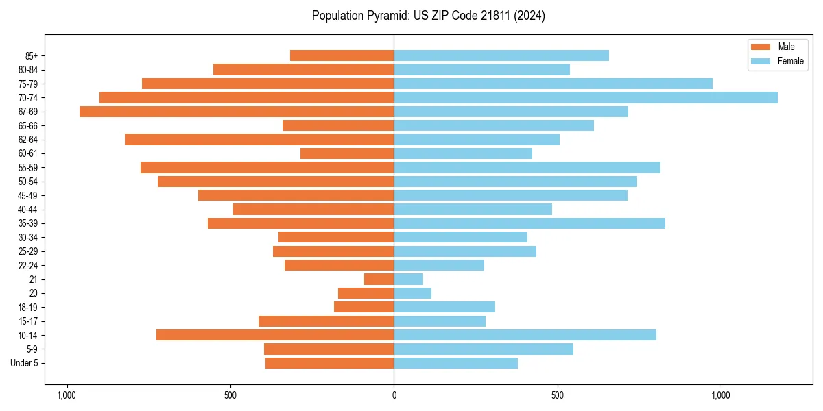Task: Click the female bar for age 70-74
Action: (586, 98)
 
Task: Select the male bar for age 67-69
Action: (237, 112)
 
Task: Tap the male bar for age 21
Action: (379, 279)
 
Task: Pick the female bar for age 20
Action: (412, 293)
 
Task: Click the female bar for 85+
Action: (501, 55)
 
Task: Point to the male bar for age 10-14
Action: (275, 335)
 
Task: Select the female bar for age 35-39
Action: (529, 223)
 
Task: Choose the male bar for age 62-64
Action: (259, 140)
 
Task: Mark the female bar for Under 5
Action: (455, 363)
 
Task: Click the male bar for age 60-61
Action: (347, 153)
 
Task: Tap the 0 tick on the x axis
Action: (394, 395)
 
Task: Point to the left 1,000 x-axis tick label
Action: (67, 395)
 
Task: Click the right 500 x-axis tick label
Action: (558, 395)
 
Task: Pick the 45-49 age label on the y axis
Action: (27, 195)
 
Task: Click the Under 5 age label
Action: (24, 363)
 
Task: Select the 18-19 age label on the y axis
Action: (27, 308)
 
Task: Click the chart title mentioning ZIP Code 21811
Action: (429, 16)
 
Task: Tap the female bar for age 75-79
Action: (553, 84)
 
